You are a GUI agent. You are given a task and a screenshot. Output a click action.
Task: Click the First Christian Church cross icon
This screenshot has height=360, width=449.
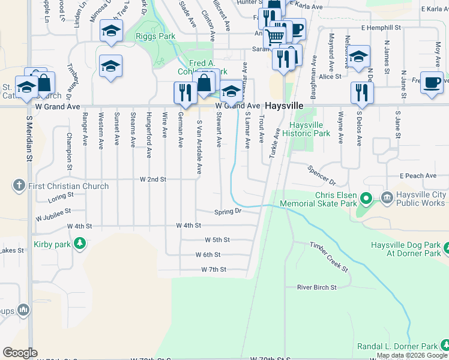(x=19, y=186)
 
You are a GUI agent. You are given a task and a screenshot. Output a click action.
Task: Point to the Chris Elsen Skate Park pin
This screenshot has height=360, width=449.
(x=367, y=197)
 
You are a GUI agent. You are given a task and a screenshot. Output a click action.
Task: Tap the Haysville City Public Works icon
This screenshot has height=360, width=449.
(x=387, y=196)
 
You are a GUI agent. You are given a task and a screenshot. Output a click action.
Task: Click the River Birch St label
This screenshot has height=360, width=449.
(x=316, y=287)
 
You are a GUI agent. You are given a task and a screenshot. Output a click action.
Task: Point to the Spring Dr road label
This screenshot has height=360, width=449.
(x=228, y=212)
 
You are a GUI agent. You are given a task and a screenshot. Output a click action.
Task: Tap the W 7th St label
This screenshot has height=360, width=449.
(x=214, y=270)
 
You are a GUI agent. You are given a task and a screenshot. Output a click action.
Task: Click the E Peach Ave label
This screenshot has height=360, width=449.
(x=418, y=176)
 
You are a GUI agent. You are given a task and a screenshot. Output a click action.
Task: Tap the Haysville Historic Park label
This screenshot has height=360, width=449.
(x=310, y=130)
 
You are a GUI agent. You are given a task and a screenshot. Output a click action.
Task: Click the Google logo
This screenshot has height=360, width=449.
(x=20, y=353)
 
